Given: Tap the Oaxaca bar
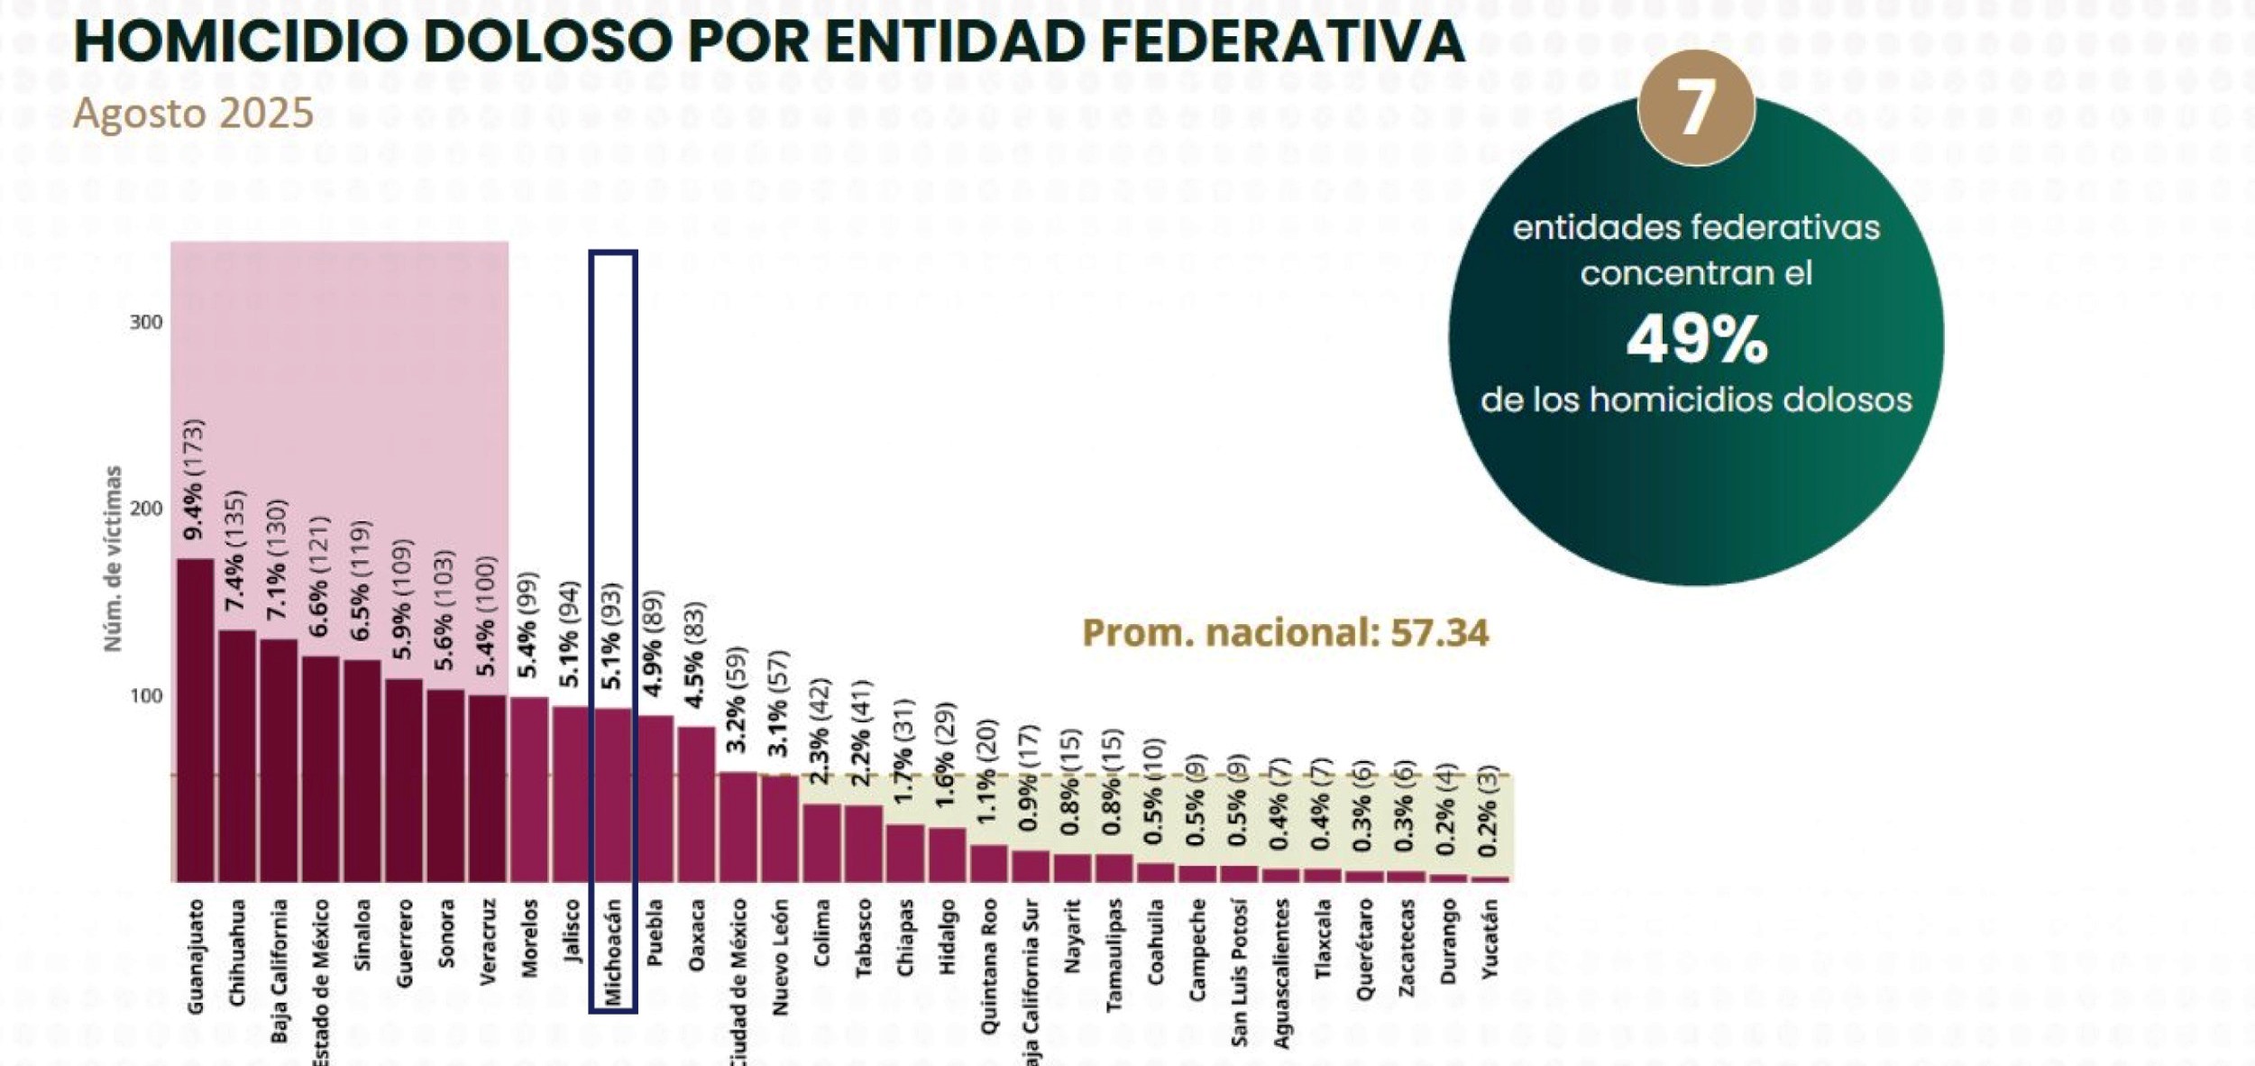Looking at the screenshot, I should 696,804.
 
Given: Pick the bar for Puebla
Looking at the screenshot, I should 655,798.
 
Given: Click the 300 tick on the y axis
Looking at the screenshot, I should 146,323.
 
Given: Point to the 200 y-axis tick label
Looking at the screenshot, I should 146,509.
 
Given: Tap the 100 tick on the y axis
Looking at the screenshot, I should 146,696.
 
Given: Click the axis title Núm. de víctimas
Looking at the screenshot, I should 113,558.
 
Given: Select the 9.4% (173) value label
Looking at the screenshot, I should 194,480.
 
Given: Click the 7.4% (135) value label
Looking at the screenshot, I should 235,550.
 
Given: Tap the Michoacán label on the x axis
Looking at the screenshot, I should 613,951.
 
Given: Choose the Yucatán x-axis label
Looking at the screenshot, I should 1490,938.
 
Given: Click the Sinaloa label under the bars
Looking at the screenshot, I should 362,934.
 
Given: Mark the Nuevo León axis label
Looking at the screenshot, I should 780,957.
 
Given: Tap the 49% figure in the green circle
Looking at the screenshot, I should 1696,341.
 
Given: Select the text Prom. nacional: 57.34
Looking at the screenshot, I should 1285,633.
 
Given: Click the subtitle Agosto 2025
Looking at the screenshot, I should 193,114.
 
